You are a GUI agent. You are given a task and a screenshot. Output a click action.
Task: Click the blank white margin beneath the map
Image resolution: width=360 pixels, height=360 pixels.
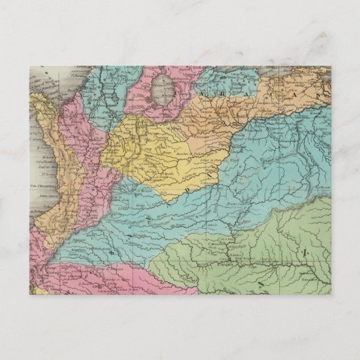pos(180,326)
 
